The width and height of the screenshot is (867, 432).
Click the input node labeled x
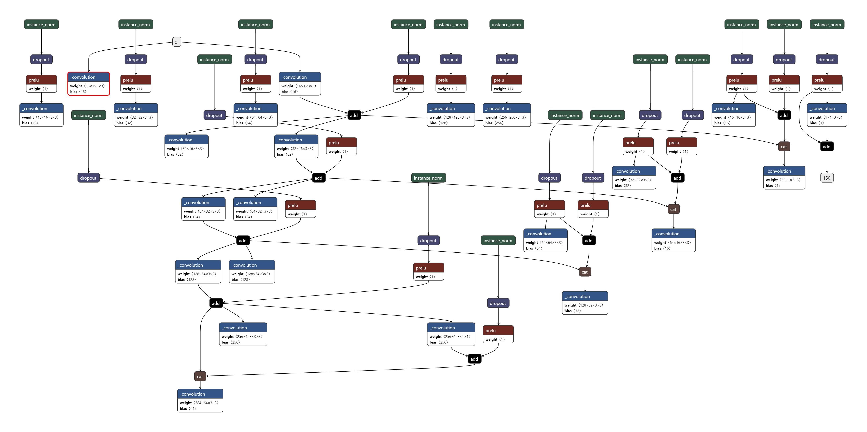pyautogui.click(x=176, y=42)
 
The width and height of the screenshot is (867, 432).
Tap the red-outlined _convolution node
pyautogui.click(x=89, y=84)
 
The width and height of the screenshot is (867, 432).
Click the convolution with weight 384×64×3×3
pyautogui.click(x=200, y=400)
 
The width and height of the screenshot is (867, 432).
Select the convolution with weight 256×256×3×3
pyautogui.click(x=506, y=115)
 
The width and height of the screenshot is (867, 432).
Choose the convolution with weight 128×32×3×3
pyautogui.click(x=585, y=303)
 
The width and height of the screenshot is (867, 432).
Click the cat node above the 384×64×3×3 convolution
pyautogui.click(x=200, y=376)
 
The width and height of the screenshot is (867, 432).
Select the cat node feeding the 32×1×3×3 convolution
pyautogui.click(x=784, y=146)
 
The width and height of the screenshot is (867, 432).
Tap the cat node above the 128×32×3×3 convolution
pyautogui.click(x=585, y=272)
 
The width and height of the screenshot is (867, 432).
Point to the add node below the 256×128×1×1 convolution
pyautogui.click(x=474, y=359)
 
